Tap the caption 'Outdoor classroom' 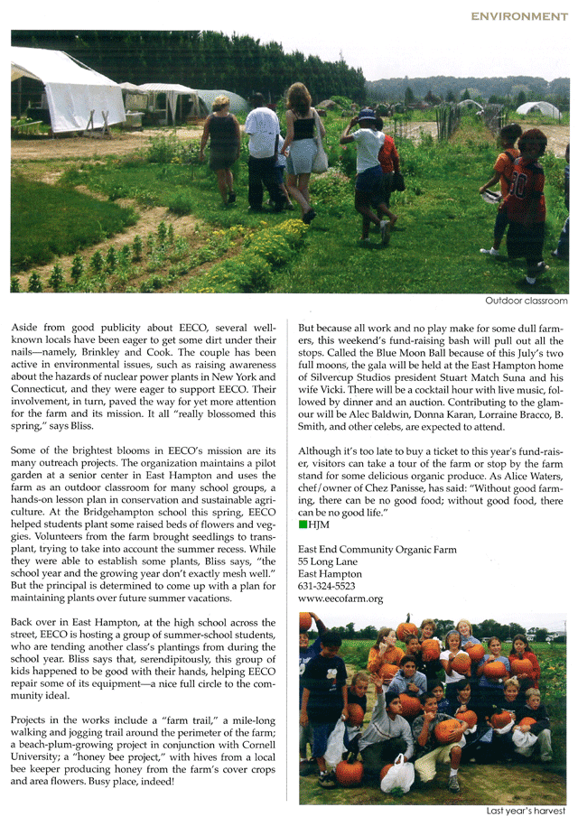tap(527, 301)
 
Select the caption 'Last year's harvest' tap(526, 811)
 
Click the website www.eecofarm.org tap(340, 598)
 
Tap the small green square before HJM tap(303, 524)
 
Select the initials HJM tap(318, 524)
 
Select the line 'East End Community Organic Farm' tap(378, 549)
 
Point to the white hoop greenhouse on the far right tap(538, 110)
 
